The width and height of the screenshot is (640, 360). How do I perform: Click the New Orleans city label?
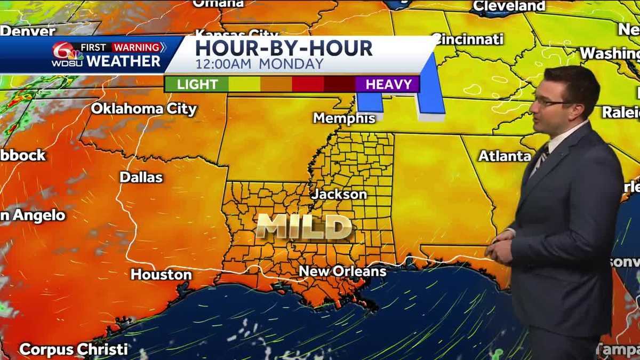click(x=342, y=271)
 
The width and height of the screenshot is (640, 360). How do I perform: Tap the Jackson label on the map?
click(x=339, y=194)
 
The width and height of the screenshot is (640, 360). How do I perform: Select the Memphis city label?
click(x=344, y=118)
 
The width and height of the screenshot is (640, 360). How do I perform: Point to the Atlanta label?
click(x=505, y=156)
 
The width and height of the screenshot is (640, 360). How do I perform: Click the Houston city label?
click(x=161, y=275)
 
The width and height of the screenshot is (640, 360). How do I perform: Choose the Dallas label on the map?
click(x=141, y=177)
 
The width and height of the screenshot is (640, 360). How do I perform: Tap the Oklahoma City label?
click(x=143, y=109)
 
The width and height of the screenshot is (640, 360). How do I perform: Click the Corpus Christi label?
click(x=73, y=350)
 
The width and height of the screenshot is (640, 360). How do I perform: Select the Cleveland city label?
click(x=509, y=6)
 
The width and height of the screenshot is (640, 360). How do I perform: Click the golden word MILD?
click(x=304, y=227)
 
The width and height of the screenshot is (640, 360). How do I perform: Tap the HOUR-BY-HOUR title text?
click(x=284, y=48)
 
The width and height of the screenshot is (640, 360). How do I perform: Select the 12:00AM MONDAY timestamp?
click(x=259, y=64)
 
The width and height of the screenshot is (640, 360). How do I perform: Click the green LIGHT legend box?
click(x=197, y=84)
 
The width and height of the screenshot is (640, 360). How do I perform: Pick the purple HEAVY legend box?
click(x=388, y=84)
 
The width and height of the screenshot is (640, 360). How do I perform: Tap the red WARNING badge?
click(x=138, y=47)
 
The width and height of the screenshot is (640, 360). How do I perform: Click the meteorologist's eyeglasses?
click(x=549, y=101)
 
